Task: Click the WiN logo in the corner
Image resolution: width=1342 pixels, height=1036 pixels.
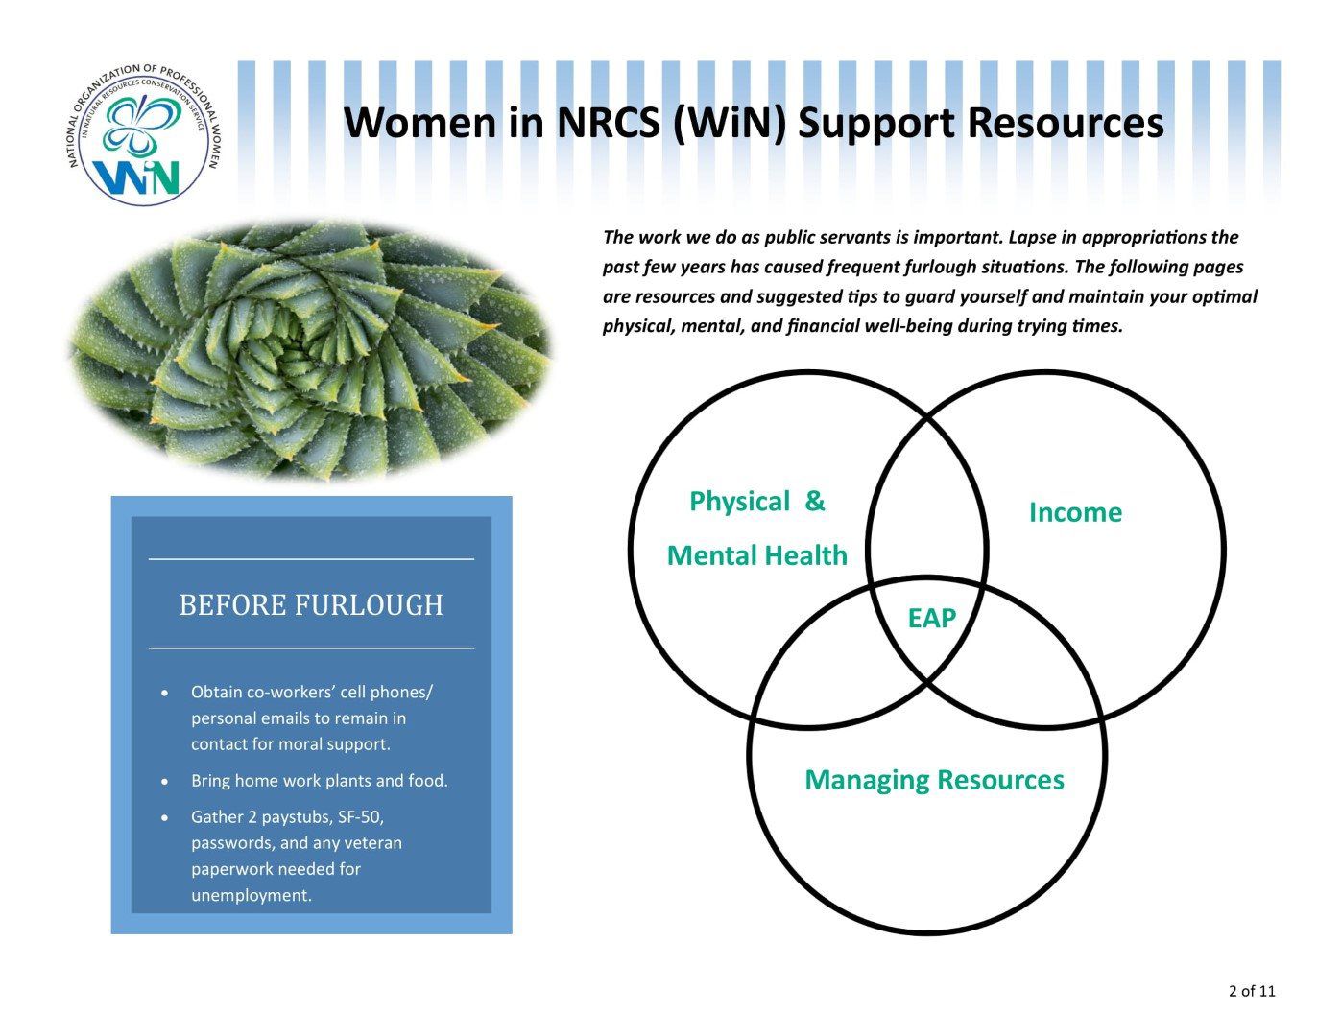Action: [x=143, y=134]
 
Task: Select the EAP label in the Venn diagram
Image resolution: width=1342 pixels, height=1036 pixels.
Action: [x=932, y=619]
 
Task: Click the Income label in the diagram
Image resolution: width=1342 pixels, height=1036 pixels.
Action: [x=1075, y=512]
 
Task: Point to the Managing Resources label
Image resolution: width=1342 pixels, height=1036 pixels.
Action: [x=934, y=780]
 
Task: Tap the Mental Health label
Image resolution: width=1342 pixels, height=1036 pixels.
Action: [x=756, y=555]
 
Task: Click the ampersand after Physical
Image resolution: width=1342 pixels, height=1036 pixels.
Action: [x=814, y=502]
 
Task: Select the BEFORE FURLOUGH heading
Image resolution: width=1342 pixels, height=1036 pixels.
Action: [x=311, y=605]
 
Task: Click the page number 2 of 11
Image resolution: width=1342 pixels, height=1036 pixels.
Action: [x=1252, y=991]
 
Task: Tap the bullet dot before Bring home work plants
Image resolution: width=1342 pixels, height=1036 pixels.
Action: [x=167, y=782]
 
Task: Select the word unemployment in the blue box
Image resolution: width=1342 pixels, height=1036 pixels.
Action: [x=251, y=896]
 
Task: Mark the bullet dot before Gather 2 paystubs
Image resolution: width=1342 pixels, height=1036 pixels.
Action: [x=167, y=818]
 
